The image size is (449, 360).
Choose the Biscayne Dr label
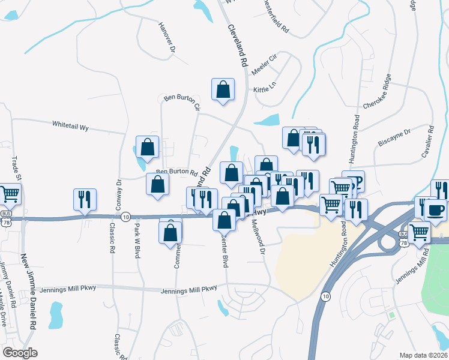coord(394,137)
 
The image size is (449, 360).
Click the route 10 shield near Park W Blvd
coord(125,217)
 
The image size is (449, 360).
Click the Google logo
coord(20,353)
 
